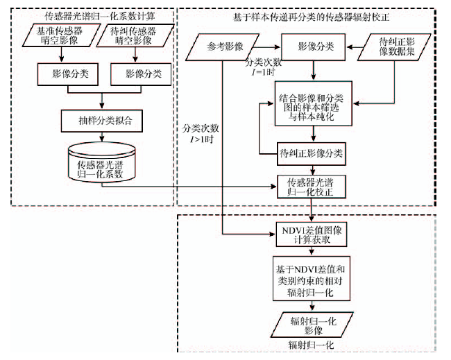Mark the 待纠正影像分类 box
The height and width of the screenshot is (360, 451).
tap(311, 151)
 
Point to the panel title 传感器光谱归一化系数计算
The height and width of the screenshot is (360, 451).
tap(93, 15)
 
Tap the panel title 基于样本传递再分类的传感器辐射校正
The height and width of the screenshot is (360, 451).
tap(311, 15)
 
